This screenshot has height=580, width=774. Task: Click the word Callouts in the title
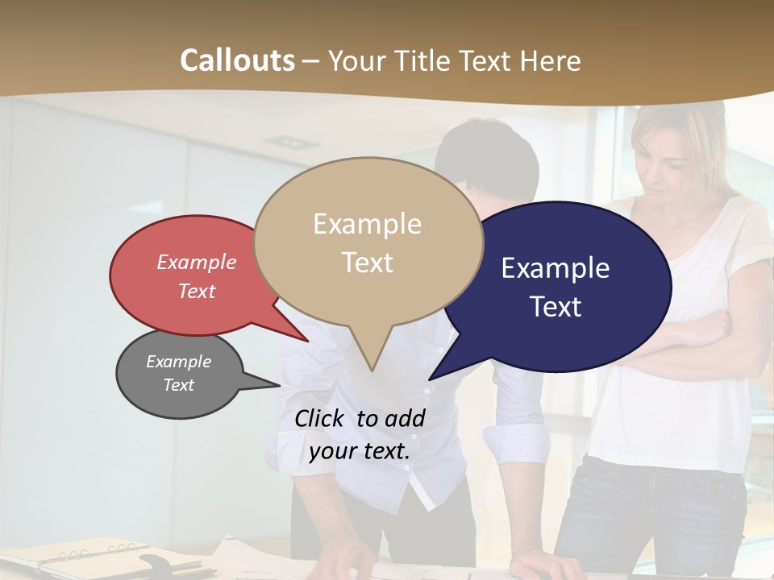click(237, 60)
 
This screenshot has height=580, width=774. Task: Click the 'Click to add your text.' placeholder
click(360, 435)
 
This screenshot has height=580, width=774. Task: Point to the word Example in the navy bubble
click(556, 268)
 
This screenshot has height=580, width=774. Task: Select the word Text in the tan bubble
click(368, 263)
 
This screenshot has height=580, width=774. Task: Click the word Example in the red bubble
click(197, 263)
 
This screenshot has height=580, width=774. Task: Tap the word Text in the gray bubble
click(179, 385)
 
